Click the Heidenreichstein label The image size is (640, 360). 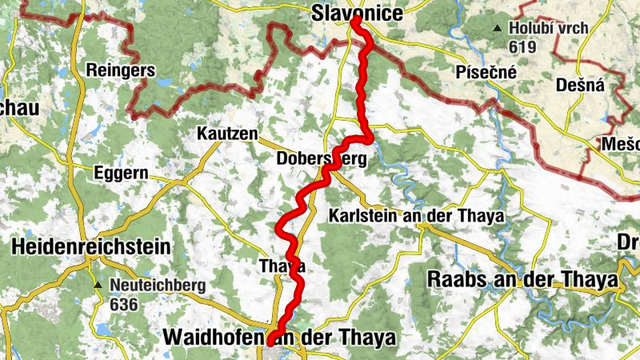tap(91, 247)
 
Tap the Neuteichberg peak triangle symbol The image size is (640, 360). tap(98, 285)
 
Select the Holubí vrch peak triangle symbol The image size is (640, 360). tap(498, 30)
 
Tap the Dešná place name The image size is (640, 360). tap(581, 85)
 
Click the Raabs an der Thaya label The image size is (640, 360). tap(523, 279)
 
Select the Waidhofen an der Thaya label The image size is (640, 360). tap(278, 338)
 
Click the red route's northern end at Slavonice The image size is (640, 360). tap(354, 22)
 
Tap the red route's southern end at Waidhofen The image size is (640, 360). tap(272, 342)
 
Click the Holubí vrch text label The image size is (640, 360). tap(550, 29)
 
